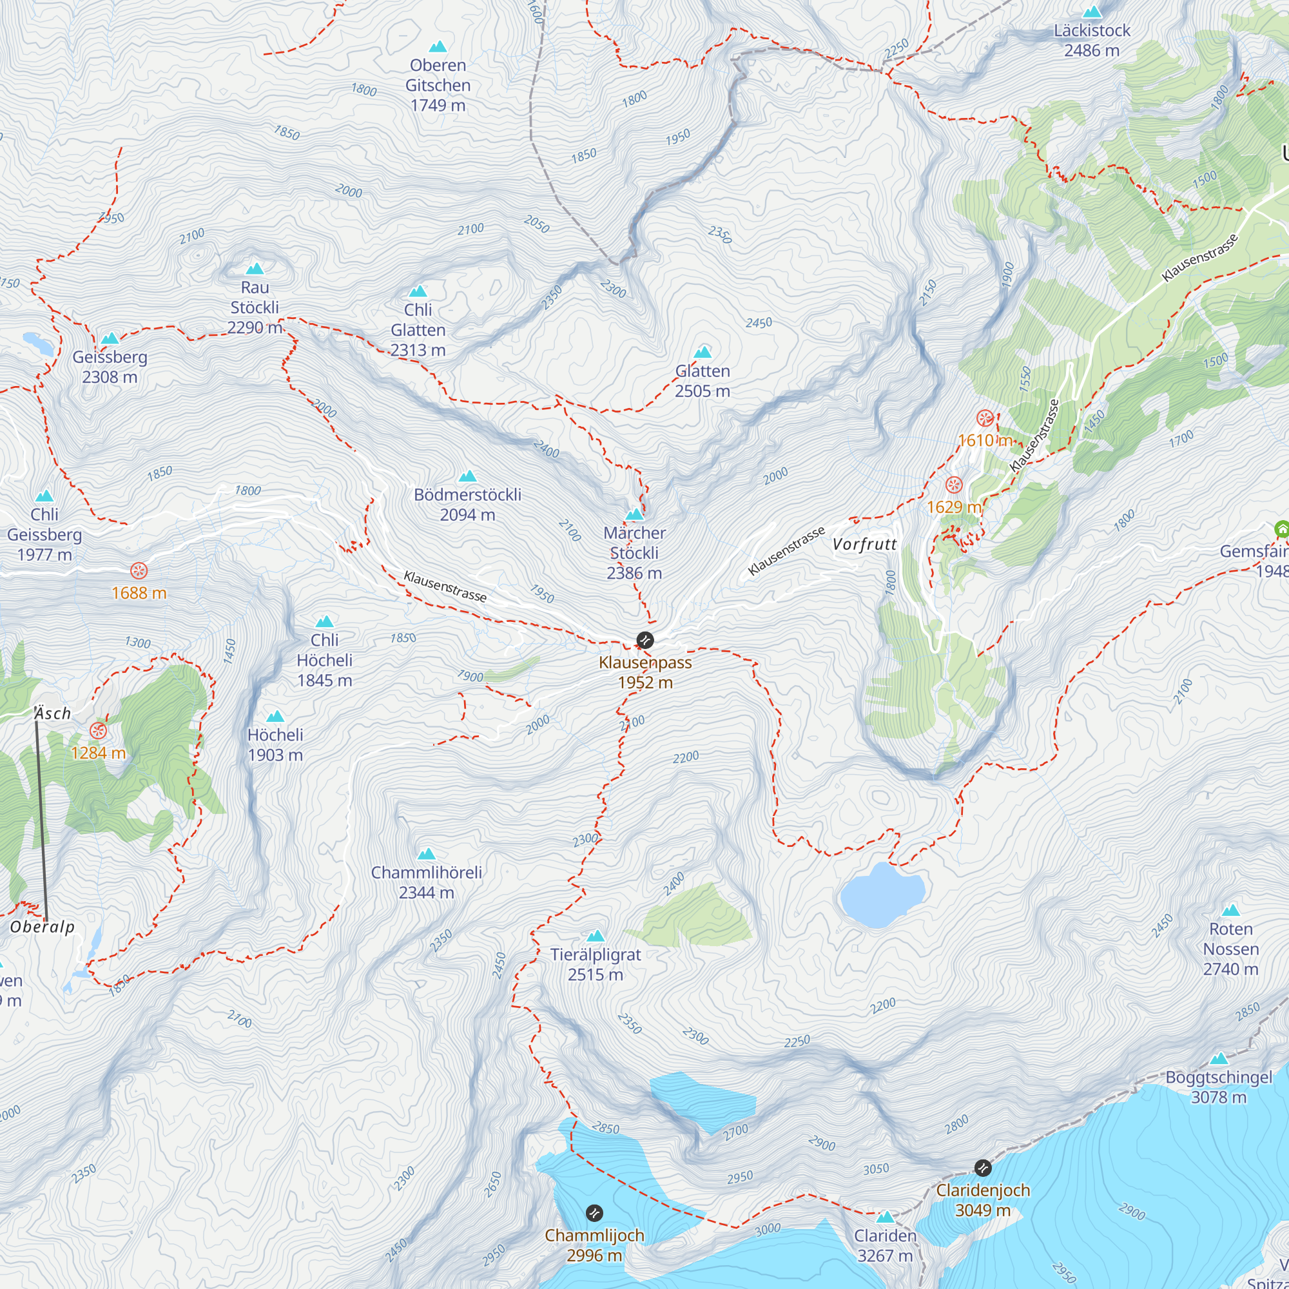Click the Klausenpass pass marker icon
tap(644, 640)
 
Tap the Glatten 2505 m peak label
tap(702, 381)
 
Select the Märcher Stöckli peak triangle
tap(634, 514)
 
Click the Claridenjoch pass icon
tap(982, 1168)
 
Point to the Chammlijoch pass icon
tap(594, 1212)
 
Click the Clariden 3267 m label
tap(885, 1245)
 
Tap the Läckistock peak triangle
tap(1092, 12)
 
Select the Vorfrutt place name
tap(864, 544)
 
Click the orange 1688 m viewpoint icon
tap(139, 570)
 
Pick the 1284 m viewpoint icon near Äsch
tap(98, 730)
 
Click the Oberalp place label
tap(42, 927)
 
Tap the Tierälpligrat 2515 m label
tap(595, 964)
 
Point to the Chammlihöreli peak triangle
tap(426, 854)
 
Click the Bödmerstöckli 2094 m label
tap(467, 505)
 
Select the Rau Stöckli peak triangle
tap(255, 269)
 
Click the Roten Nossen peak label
tap(1230, 948)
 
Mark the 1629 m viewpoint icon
tap(954, 485)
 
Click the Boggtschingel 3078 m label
tap(1218, 1087)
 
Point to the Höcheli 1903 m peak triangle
tap(275, 717)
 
